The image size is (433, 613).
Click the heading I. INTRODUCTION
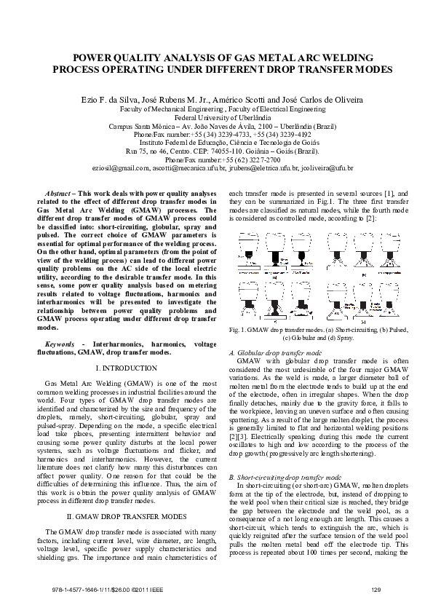pyautogui.click(x=127, y=369)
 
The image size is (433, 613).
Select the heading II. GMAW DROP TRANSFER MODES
pyautogui.click(x=127, y=496)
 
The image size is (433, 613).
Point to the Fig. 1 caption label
pyautogui.click(x=237, y=331)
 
